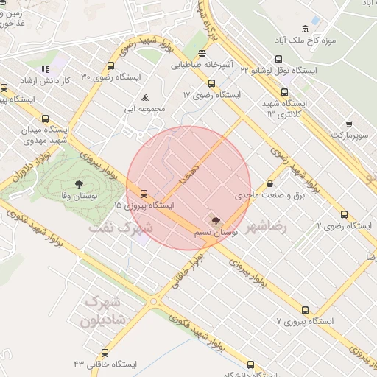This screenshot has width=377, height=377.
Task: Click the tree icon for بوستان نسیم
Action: [x=215, y=221]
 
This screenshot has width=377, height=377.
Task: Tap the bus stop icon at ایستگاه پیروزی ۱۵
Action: [x=143, y=195]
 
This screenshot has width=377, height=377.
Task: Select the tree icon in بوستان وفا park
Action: [x=79, y=184]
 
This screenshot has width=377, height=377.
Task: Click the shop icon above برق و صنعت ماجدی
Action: [x=269, y=184]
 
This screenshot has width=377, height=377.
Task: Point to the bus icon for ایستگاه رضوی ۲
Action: [x=344, y=214]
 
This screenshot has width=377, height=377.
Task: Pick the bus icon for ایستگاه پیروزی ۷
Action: [x=305, y=310]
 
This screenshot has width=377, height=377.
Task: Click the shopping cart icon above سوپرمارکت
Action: [x=348, y=124]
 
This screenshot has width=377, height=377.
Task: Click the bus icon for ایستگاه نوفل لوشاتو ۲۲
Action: [x=278, y=59]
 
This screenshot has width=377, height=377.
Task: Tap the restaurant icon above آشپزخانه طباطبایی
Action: [x=202, y=52]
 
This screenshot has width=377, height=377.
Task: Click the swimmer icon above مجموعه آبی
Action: [x=145, y=98]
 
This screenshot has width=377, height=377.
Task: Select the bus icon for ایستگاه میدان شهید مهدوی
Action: [x=46, y=118]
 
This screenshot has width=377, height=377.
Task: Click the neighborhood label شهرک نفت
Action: [x=120, y=228]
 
